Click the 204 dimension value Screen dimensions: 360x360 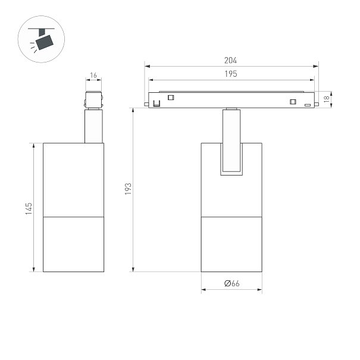[x=230, y=60]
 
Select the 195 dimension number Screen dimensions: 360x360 [x=231, y=74]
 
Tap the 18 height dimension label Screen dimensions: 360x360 [x=326, y=99]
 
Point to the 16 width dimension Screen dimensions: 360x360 [x=93, y=76]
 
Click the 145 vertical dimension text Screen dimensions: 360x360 [x=29, y=208]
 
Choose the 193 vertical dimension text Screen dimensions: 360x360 [x=128, y=189]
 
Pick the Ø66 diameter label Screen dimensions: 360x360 [x=231, y=283]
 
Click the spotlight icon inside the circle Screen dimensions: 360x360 [x=41, y=39]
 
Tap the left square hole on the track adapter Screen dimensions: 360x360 [x=171, y=98]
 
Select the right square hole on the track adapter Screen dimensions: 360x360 [x=293, y=102]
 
